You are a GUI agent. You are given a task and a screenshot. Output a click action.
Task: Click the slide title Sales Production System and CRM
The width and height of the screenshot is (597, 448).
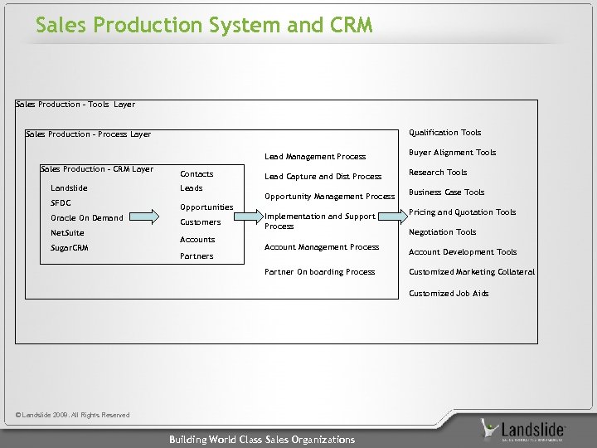click(204, 26)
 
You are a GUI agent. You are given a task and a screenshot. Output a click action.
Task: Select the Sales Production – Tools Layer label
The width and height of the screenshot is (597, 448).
click(75, 105)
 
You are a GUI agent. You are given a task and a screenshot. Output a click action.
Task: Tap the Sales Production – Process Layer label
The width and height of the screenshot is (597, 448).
click(89, 134)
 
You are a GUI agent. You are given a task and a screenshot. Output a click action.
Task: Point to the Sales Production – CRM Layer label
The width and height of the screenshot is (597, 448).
click(97, 169)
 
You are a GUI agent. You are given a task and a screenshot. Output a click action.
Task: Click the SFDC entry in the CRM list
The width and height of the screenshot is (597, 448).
click(61, 202)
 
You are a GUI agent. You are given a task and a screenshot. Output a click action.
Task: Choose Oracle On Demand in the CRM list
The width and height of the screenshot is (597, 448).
click(87, 218)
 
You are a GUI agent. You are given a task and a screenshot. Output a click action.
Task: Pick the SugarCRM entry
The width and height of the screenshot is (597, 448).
click(70, 248)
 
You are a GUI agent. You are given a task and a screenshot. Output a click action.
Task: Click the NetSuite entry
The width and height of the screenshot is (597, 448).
click(67, 233)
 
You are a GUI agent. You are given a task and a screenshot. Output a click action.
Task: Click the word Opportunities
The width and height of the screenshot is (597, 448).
click(206, 207)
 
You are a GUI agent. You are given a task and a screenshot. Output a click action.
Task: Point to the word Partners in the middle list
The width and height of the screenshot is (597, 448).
click(197, 256)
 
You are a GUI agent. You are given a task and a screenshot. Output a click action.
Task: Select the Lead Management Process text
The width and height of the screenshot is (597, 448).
click(314, 157)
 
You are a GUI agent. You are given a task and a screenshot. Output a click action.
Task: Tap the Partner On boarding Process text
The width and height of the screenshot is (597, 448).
click(319, 272)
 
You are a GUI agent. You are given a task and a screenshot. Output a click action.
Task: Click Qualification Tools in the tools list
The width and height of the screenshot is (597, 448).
click(444, 133)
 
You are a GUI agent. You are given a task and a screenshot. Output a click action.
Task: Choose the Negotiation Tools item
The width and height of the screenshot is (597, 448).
click(442, 232)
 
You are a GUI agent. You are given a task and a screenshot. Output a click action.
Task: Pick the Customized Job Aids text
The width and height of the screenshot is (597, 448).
click(449, 294)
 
